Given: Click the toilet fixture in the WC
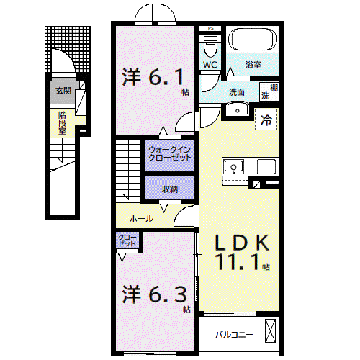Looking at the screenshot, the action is [x=210, y=45].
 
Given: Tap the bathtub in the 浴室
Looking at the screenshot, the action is [x=253, y=40].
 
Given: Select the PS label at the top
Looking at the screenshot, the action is [x=210, y=28].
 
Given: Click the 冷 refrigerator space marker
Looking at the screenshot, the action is [x=266, y=120].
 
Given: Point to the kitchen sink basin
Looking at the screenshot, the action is [x=233, y=166].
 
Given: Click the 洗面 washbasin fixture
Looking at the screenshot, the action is [x=238, y=109].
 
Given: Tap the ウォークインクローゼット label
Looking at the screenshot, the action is [x=170, y=153].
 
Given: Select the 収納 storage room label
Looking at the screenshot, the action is [x=170, y=189].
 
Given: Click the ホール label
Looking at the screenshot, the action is [x=141, y=219].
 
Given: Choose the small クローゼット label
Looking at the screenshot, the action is [x=127, y=240].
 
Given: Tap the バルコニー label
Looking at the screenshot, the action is [x=234, y=334].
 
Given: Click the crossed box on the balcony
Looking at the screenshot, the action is [x=270, y=331].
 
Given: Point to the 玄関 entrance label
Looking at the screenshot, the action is [x=63, y=91].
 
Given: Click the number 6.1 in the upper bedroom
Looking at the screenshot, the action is [x=166, y=77].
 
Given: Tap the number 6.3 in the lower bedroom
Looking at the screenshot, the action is [x=167, y=294].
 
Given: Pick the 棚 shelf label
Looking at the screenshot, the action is [x=274, y=88].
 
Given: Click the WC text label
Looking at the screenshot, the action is [x=210, y=65].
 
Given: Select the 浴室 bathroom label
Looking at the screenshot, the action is [x=253, y=65].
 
